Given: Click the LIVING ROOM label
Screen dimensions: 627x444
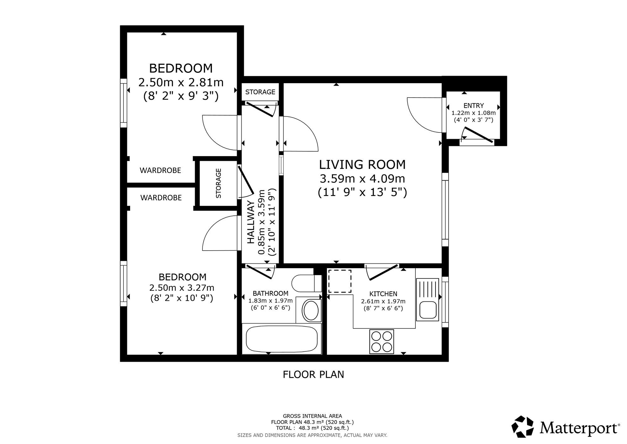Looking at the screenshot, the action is pyautogui.click(x=362, y=165).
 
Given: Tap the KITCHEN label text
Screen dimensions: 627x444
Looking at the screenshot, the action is pyautogui.click(x=383, y=294).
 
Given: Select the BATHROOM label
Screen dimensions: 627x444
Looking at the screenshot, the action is pyautogui.click(x=271, y=293).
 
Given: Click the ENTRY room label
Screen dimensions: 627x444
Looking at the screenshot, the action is pyautogui.click(x=473, y=106).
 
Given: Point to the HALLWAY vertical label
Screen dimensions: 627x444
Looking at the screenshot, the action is pyautogui.click(x=250, y=222).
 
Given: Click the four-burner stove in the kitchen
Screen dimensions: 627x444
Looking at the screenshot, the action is pyautogui.click(x=382, y=341).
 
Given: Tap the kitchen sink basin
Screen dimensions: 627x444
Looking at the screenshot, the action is pyautogui.click(x=427, y=309).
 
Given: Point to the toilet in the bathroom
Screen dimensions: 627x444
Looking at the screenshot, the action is pyautogui.click(x=307, y=283).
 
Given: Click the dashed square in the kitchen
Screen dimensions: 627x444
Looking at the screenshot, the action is pyautogui.click(x=340, y=281).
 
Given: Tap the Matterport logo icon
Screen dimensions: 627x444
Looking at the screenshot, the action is pyautogui.click(x=523, y=426).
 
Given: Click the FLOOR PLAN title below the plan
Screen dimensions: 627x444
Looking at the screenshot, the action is pyautogui.click(x=313, y=375).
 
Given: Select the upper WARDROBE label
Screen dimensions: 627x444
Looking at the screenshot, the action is pyautogui.click(x=160, y=171).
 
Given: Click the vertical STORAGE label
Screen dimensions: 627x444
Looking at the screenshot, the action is pyautogui.click(x=219, y=183).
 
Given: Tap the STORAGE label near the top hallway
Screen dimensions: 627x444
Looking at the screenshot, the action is pyautogui.click(x=260, y=92).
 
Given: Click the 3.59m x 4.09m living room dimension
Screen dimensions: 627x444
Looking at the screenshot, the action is pyautogui.click(x=362, y=179).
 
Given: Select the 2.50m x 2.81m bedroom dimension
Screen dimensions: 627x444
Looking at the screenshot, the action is pyautogui.click(x=181, y=83).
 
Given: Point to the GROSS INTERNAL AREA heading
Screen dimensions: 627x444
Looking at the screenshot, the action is pyautogui.click(x=313, y=416).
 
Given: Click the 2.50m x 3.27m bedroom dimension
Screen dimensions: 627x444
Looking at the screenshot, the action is pyautogui.click(x=182, y=288).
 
